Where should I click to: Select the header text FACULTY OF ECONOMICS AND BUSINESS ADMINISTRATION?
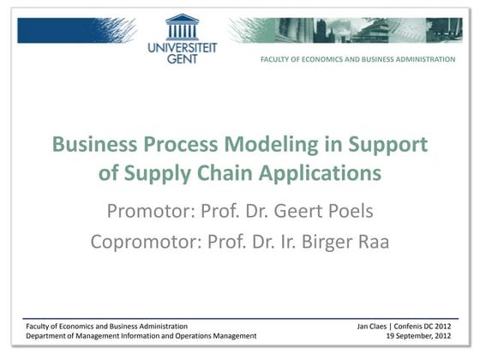coord(358,59)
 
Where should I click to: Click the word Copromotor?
coord(142,241)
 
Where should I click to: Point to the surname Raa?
coord(370,241)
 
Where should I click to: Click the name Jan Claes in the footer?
coord(375,326)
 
